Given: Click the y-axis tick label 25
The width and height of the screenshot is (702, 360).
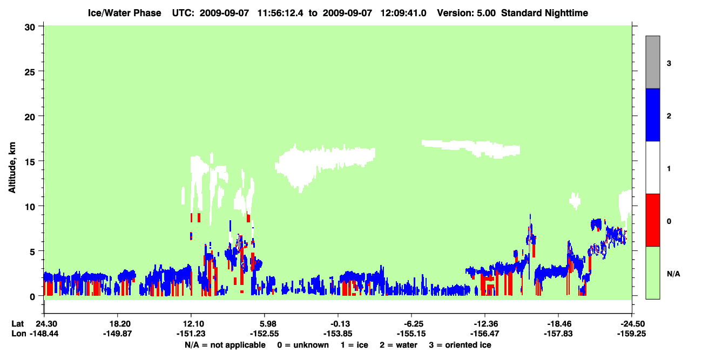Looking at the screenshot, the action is [30, 72].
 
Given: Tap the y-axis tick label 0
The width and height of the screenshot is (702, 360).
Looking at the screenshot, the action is [32, 297].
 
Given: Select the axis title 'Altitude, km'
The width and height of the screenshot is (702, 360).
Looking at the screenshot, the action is [12, 168].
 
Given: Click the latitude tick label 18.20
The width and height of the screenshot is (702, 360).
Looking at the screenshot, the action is [118, 324].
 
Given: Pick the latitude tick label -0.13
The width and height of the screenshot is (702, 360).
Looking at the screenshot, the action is [338, 324].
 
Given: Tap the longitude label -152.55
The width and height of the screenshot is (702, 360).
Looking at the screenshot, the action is [264, 334].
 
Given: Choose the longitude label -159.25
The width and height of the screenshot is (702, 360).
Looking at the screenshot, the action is [631, 334].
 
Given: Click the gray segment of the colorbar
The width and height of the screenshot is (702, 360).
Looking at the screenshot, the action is [652, 62].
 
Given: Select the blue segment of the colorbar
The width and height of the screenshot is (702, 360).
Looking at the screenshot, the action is [652, 114].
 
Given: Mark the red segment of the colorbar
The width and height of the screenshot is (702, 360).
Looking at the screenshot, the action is [652, 220].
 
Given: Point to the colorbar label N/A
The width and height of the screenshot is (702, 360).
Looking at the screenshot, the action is [673, 274].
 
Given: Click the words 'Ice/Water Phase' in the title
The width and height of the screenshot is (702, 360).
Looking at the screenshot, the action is [124, 13].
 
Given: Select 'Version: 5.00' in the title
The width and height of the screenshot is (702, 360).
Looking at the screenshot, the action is [467, 13].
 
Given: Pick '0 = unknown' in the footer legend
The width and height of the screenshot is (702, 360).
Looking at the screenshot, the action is [303, 345].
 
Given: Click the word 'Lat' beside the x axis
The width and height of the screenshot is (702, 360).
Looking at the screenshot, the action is [17, 324].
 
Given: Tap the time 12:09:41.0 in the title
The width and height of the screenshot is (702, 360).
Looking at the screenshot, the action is [403, 13].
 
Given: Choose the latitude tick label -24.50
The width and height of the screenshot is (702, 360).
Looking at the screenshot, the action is [631, 324].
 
